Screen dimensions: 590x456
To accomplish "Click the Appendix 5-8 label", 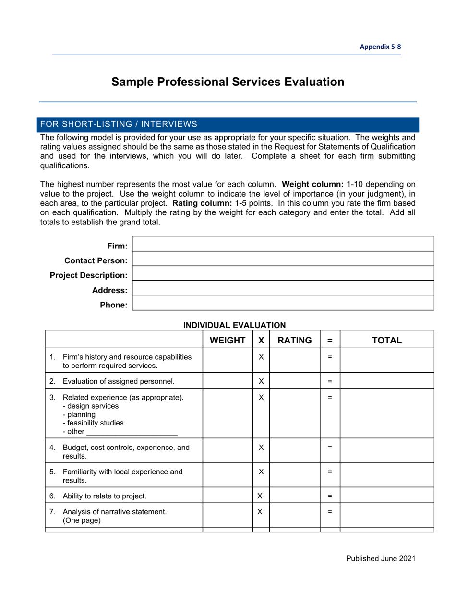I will [381, 47].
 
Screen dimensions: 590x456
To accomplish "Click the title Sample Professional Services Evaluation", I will [228, 82].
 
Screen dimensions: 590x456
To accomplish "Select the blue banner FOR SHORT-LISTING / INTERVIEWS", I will [228, 124].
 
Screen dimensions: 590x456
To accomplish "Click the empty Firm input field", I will [283, 244].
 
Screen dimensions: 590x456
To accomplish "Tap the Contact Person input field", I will [283, 259].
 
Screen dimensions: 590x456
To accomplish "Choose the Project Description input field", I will [283, 273].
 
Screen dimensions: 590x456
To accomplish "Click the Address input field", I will [283, 288].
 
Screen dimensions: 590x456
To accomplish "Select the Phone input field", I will [283, 303].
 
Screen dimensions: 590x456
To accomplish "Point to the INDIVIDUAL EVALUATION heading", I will [235, 325].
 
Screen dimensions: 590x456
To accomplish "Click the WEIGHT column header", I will [228, 340].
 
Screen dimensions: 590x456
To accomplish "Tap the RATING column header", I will [295, 340].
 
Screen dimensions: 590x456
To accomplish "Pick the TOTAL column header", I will [387, 340].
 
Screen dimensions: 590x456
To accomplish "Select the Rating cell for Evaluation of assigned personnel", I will [295, 382].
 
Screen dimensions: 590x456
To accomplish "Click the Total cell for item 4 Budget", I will [387, 451].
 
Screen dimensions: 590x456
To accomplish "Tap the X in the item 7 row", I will [261, 512].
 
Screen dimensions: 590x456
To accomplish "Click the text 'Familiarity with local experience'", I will [122, 472].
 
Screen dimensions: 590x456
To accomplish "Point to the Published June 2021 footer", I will [381, 558].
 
